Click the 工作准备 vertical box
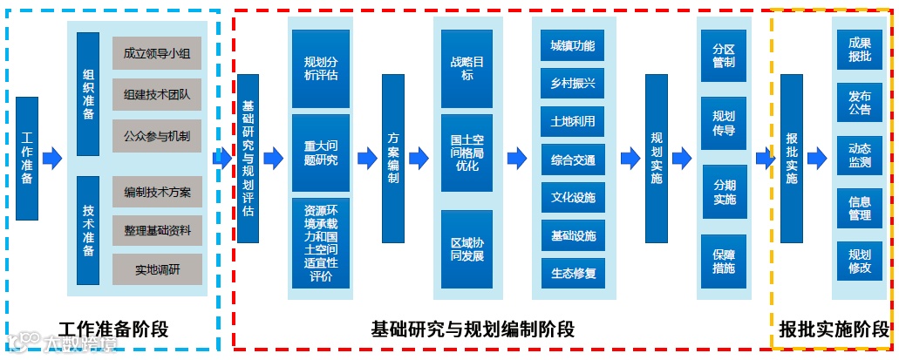tap(27, 159)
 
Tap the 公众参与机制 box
tap(157, 135)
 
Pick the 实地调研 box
tap(157, 268)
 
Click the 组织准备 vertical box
tap(88, 94)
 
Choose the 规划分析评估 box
tap(321, 68)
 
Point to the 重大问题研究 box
tap(321, 153)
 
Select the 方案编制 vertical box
tap(394, 159)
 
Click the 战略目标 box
tap(467, 69)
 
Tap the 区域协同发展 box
tap(467, 249)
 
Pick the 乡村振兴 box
tap(573, 83)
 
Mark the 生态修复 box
tap(573, 273)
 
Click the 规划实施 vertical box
tap(657, 159)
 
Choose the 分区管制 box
tap(723, 56)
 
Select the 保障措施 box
tap(723, 261)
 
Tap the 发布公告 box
tap(859, 103)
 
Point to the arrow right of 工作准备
tap(53, 158)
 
